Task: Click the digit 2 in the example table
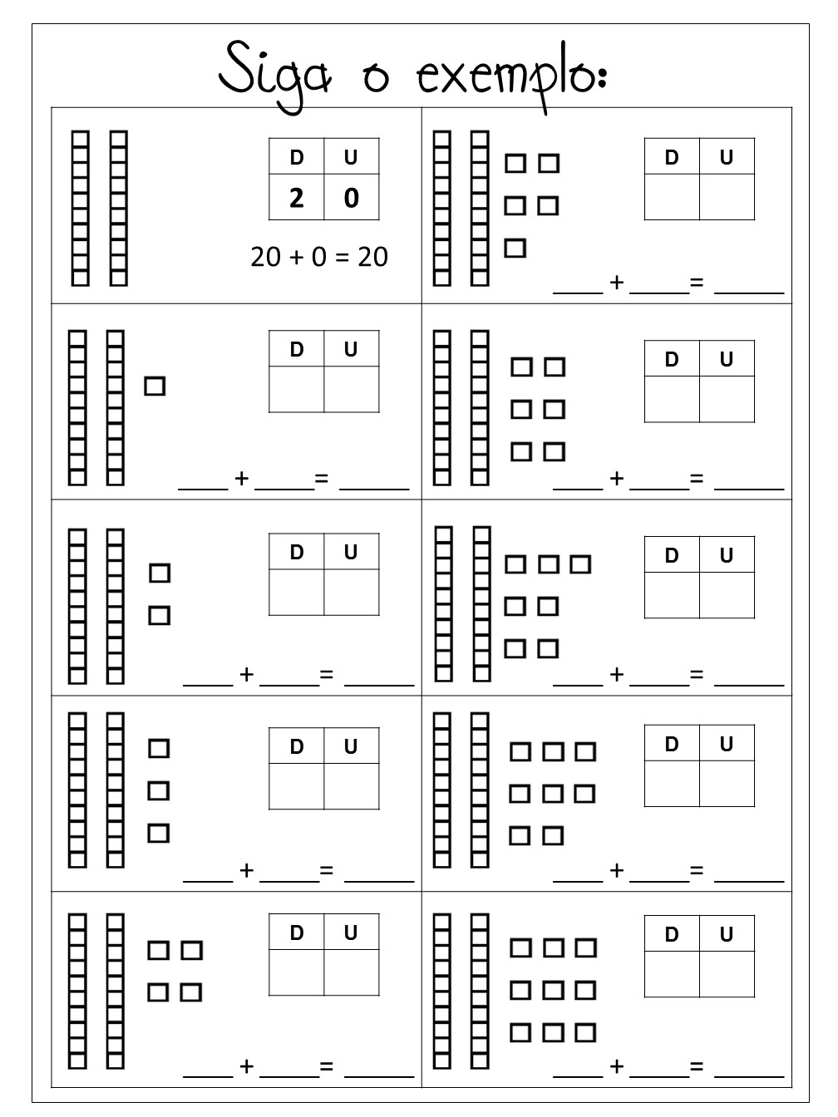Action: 296,199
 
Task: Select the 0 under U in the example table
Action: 351,199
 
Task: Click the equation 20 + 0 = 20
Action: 319,257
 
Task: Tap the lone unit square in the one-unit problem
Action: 155,386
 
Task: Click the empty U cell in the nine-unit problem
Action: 727,974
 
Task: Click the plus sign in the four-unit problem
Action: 247,1066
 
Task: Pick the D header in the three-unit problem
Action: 297,746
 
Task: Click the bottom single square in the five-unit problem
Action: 515,248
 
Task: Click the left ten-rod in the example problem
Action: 80,208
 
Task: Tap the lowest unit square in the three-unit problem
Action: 159,833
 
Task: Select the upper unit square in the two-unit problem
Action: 160,573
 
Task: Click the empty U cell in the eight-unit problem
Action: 727,784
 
